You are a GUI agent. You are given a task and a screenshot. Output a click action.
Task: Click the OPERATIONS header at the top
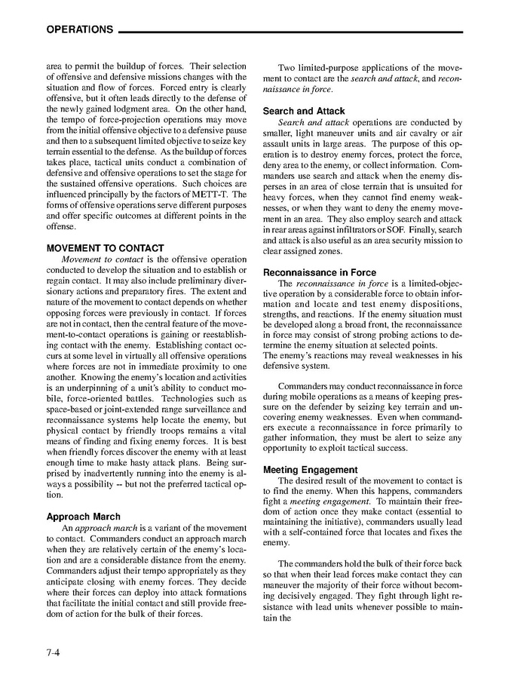(x=79, y=30)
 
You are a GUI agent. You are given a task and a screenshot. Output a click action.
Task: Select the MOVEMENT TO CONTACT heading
(x=105, y=248)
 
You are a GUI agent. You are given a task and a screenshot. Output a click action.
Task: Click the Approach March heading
(x=83, y=517)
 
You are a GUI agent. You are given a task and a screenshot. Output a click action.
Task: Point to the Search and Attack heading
(x=304, y=111)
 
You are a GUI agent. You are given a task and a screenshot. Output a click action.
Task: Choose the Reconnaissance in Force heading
(x=320, y=272)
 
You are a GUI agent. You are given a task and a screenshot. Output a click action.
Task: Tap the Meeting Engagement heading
(x=311, y=470)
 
